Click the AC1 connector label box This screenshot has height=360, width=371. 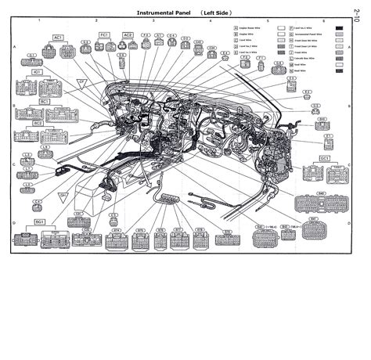coord(58,37)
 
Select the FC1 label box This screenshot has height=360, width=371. coord(104,34)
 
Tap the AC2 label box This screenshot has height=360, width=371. coord(128,34)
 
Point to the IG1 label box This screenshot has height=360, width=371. coord(37,71)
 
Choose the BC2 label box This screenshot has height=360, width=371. coord(37,123)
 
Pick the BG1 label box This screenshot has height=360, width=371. coord(38,221)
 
